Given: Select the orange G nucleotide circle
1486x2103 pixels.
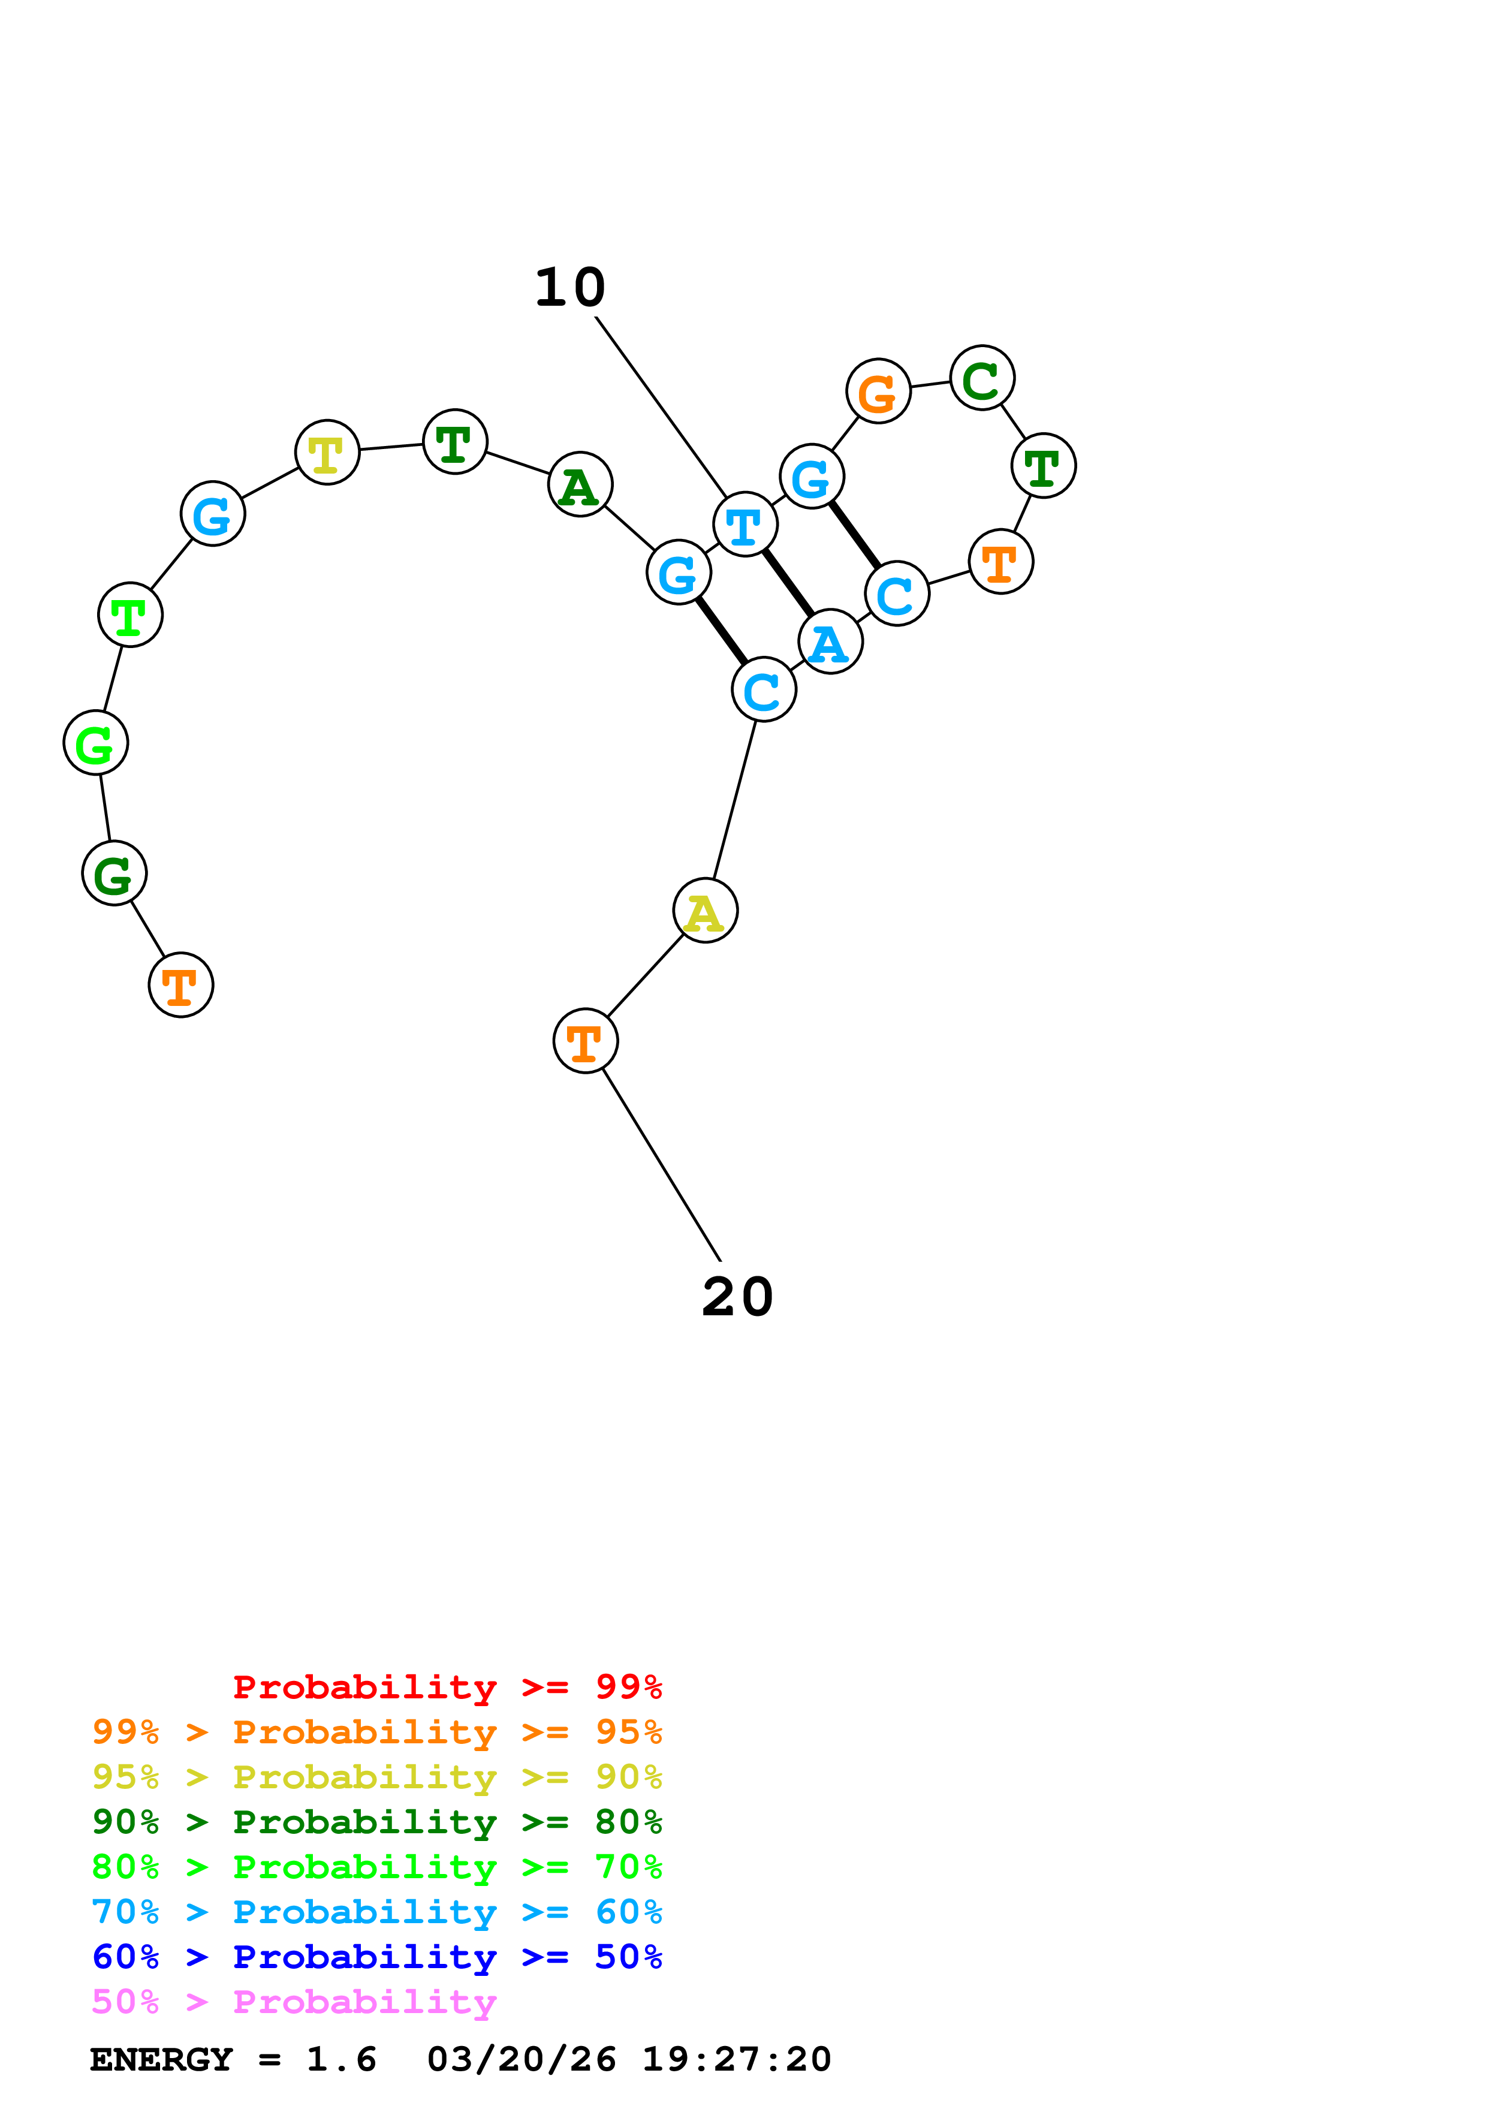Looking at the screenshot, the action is pos(878,391).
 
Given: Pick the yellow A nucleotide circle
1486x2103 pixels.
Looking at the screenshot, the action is pos(705,911).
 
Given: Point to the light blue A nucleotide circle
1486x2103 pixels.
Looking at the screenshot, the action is pos(830,642).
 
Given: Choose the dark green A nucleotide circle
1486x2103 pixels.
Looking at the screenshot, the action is pos(580,484).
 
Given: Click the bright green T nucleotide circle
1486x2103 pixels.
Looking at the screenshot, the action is pos(130,614).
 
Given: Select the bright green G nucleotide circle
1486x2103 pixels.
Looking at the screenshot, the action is pos(95,743).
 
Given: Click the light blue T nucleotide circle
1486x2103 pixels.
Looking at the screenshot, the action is pos(745,525).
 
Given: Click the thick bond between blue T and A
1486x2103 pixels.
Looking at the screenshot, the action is pos(788,583).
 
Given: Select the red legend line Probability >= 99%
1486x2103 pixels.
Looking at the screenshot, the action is pos(448,1686).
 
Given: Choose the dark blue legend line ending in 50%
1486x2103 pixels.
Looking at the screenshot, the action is pos(377,1957).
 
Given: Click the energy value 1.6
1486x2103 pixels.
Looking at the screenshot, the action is pos(342,2059).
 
